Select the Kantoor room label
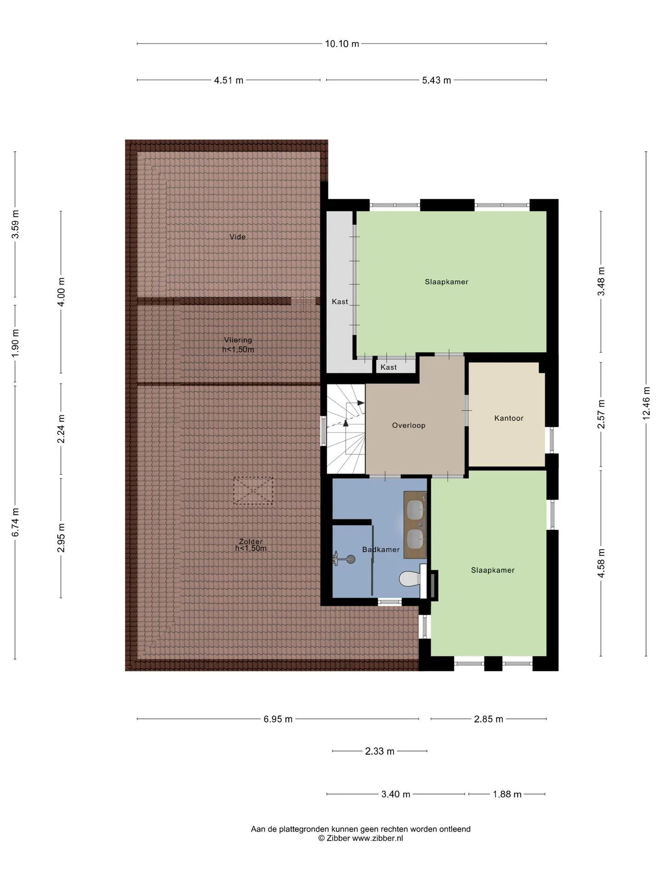pyautogui.click(x=509, y=418)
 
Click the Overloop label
pyautogui.click(x=409, y=425)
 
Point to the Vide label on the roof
pyautogui.click(x=238, y=237)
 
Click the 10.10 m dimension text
pyautogui.click(x=342, y=44)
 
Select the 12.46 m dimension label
pyautogui.click(x=646, y=403)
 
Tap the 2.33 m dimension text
pyautogui.click(x=380, y=751)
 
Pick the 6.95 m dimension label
pyautogui.click(x=278, y=719)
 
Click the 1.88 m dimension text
pyautogui.click(x=507, y=794)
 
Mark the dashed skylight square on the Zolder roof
pyautogui.click(x=253, y=491)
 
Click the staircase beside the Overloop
pyautogui.click(x=346, y=429)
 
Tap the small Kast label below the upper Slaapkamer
pyautogui.click(x=388, y=367)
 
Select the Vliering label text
pyautogui.click(x=238, y=340)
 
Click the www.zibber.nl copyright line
pyautogui.click(x=361, y=838)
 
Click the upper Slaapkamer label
pyautogui.click(x=446, y=282)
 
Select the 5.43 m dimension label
pyautogui.click(x=437, y=80)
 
